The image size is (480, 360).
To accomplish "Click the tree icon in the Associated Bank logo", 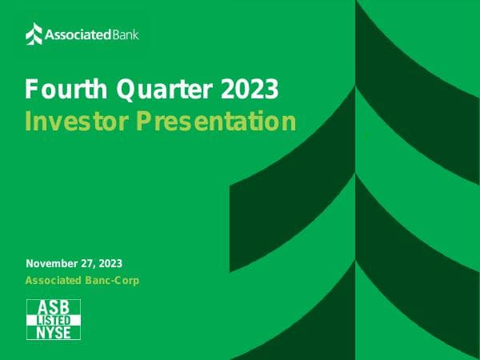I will point(34,34).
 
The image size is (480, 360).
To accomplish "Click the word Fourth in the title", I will point(59,89).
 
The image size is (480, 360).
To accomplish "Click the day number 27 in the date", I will point(90,264).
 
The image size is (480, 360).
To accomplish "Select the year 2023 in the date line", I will point(112,264).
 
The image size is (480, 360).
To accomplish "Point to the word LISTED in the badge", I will point(54,320).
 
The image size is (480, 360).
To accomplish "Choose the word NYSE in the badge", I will point(54,332).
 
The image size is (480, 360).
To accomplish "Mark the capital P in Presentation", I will point(141,122).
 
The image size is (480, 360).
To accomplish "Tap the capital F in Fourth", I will point(31,89).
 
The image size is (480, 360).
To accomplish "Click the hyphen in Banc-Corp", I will point(109,282).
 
